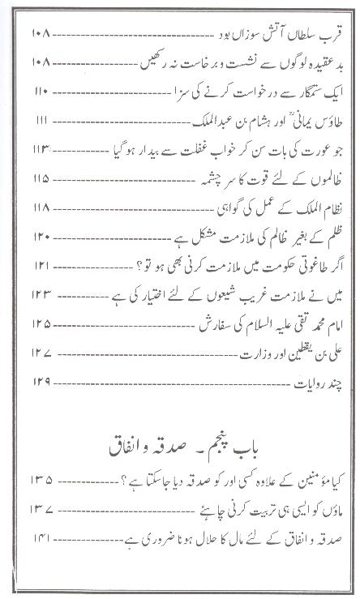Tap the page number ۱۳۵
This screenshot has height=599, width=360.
43,482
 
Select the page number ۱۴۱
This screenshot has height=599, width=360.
42,538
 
